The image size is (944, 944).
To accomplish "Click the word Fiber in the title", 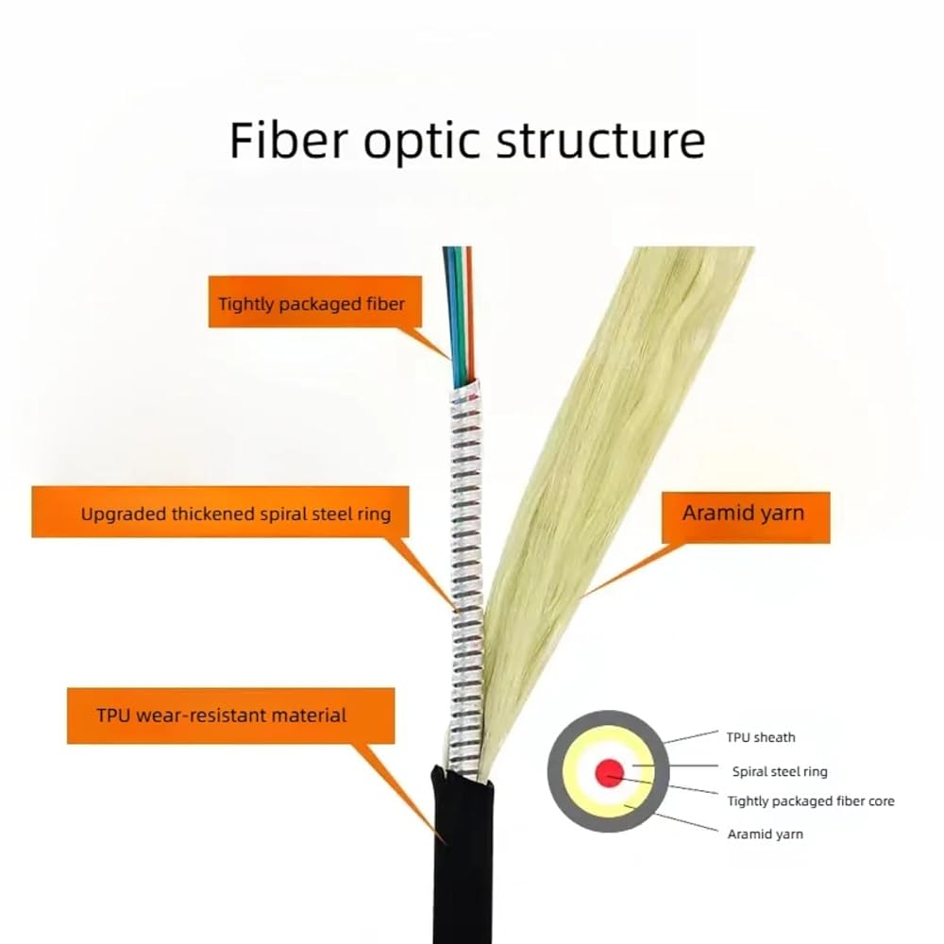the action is point(289,141).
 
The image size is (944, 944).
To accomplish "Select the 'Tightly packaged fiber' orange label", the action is point(315,302).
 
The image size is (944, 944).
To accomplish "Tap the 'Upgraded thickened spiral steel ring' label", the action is point(220,513).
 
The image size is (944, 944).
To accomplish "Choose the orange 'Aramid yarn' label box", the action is point(746,517).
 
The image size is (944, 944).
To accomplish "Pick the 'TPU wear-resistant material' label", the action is point(230,716).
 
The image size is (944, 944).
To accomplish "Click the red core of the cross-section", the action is point(609,772).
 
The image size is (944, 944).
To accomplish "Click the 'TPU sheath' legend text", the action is point(760,737).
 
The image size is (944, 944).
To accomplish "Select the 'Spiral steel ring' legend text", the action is point(780,771).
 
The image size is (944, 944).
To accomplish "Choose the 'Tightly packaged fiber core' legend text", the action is point(810,801).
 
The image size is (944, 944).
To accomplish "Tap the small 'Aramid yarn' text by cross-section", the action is point(766,834).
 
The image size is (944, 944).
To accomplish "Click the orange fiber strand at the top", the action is point(470,313).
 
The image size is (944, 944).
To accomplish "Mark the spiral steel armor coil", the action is point(466,572).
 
